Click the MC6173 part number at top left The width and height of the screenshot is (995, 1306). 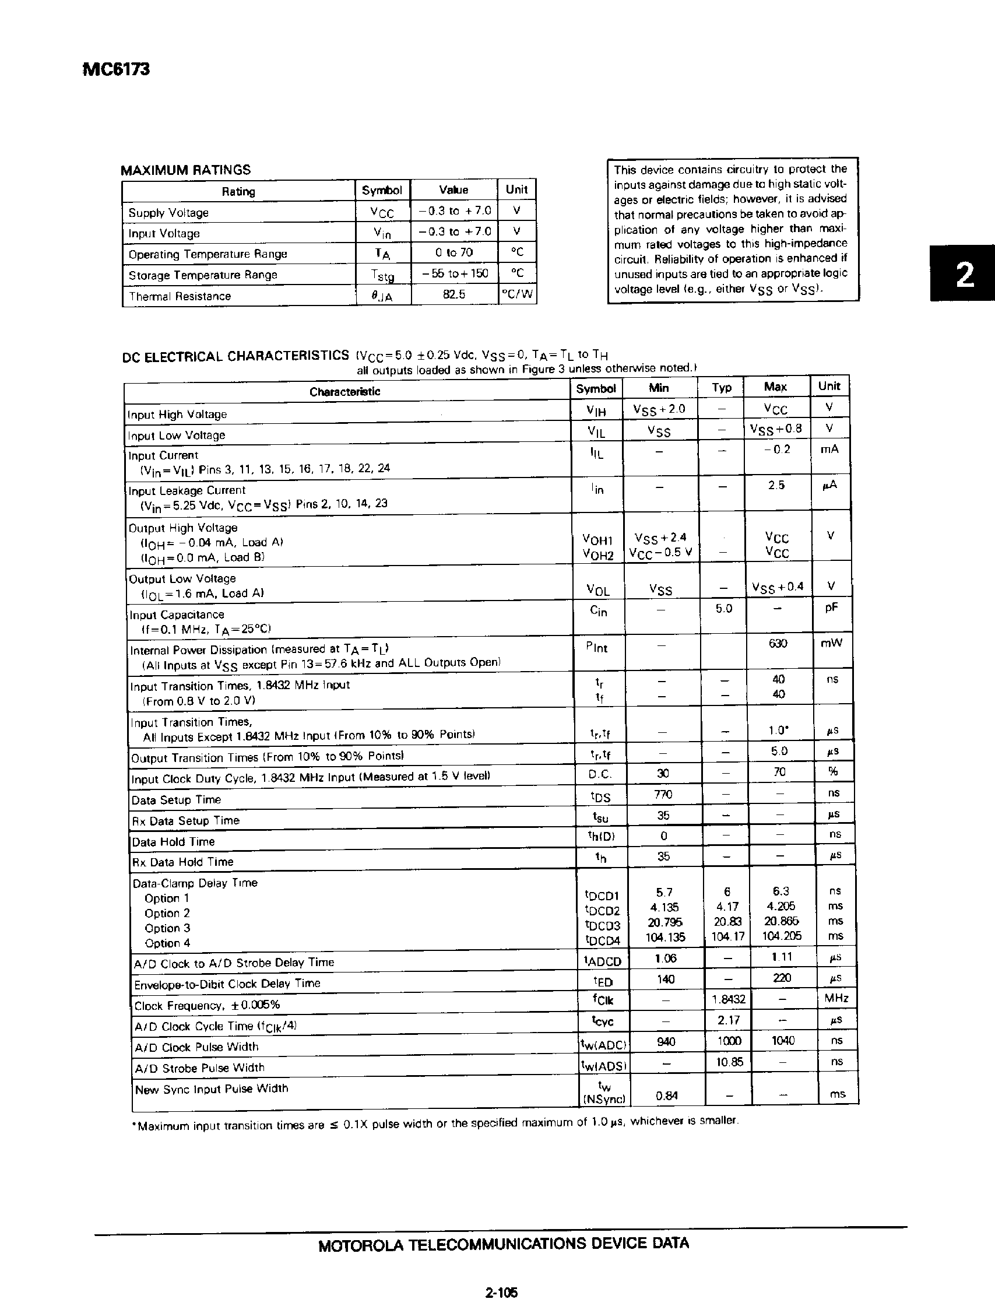(116, 70)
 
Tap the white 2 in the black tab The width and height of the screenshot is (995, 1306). (965, 275)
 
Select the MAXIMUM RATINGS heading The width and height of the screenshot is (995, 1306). (185, 170)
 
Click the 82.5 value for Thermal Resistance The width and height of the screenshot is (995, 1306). (453, 294)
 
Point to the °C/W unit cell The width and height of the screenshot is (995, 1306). (517, 294)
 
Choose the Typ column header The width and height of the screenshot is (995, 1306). (722, 387)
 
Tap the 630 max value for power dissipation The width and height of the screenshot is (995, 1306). (778, 643)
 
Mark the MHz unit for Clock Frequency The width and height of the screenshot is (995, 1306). (836, 998)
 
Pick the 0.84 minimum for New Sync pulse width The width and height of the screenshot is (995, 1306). (666, 1096)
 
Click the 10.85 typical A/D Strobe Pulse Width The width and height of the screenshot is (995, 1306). (729, 1061)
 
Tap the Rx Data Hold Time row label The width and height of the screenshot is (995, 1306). (183, 862)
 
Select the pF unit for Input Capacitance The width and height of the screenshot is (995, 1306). (832, 608)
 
